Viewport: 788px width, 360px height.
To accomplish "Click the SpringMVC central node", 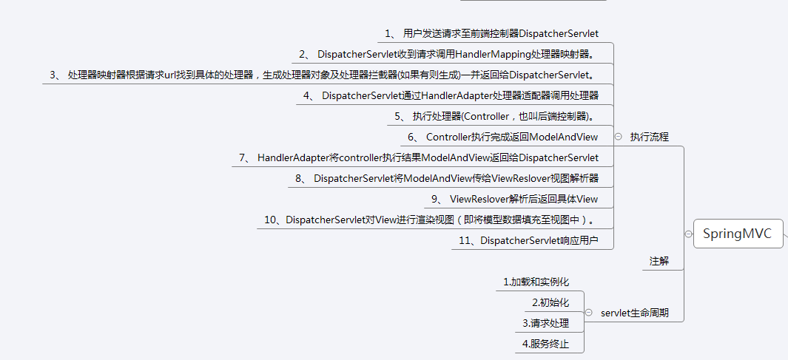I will (x=737, y=234).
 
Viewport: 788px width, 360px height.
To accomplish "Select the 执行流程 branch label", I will (x=649, y=137).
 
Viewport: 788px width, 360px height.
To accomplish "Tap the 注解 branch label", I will (x=659, y=261).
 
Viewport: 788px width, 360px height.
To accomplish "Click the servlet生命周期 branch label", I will (x=634, y=313).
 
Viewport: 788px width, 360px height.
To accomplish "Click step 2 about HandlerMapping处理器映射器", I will (x=457, y=54).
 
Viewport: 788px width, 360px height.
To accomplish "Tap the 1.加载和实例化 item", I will (x=536, y=282).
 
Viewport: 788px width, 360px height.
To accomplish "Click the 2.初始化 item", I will (x=550, y=302).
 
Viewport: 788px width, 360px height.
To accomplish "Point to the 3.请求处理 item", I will (x=545, y=323).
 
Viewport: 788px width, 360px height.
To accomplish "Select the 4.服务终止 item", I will (x=545, y=344).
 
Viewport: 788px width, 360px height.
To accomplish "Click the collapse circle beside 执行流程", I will (x=618, y=137).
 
